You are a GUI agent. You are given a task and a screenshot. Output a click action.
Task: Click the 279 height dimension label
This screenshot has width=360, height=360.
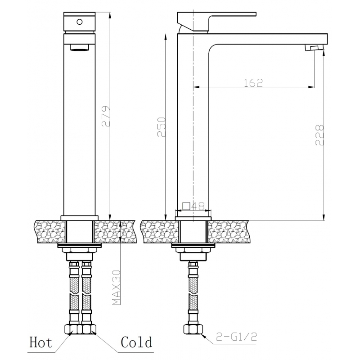[106, 116]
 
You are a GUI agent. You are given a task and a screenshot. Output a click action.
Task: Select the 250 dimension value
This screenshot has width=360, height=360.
[162, 127]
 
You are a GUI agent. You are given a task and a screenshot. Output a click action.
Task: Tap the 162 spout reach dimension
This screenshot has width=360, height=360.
[253, 83]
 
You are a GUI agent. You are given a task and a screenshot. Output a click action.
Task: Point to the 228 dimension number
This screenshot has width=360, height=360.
[319, 135]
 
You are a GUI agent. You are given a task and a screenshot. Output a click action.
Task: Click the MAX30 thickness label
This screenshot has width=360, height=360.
[117, 288]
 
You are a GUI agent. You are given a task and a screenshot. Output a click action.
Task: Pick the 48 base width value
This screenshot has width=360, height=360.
[198, 207]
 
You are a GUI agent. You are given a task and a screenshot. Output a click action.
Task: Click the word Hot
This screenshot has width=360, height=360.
[40, 342]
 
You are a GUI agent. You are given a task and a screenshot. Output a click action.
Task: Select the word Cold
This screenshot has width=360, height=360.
[137, 342]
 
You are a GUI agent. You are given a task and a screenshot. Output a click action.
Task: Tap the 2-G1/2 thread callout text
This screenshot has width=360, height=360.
[236, 337]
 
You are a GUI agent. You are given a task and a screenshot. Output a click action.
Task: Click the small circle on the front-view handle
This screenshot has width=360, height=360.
[80, 22]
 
